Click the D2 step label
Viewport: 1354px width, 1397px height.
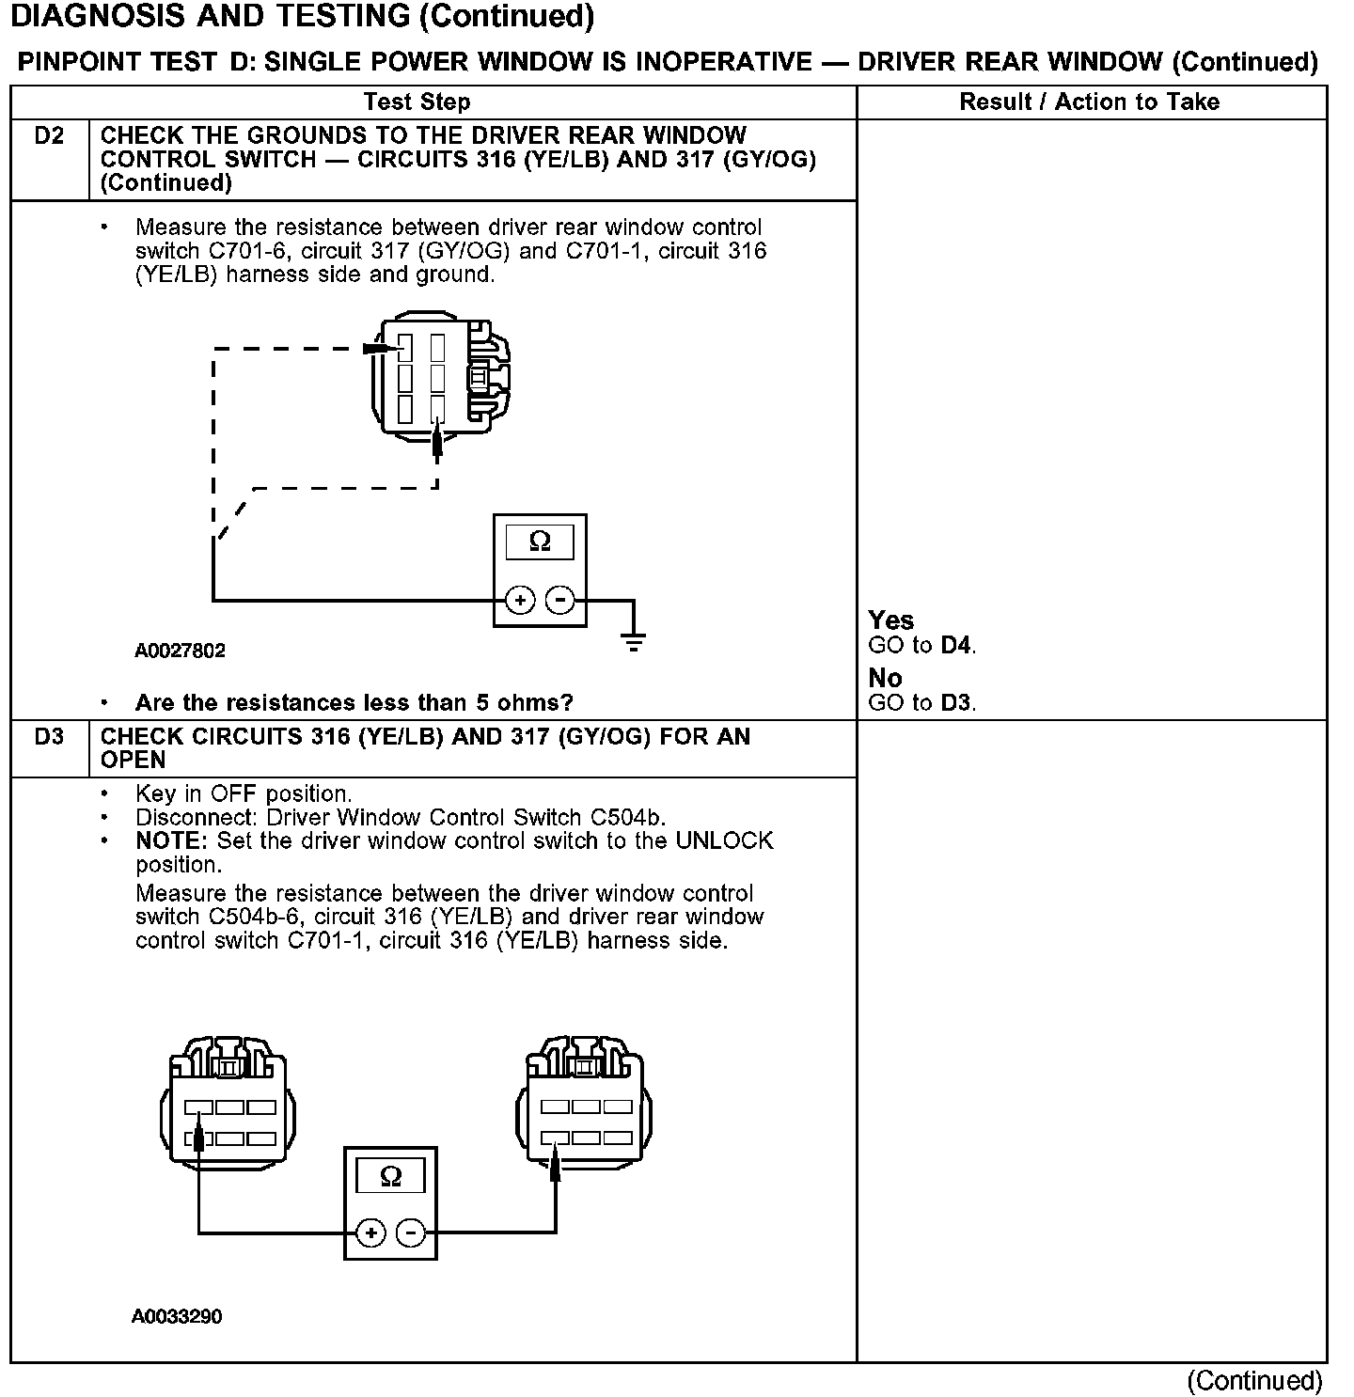[x=49, y=136]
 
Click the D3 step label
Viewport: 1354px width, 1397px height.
[x=49, y=737]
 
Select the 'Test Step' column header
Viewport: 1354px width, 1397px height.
[x=417, y=102]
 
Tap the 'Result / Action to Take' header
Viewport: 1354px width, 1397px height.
[x=1089, y=102]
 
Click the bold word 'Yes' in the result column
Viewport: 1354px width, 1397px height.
[x=890, y=620]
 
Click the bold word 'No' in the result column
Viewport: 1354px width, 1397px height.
[x=885, y=678]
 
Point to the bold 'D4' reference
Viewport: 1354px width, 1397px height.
[x=956, y=646]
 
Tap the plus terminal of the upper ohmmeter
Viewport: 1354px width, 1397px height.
[x=520, y=600]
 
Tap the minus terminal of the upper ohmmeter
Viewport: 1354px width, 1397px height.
[x=560, y=600]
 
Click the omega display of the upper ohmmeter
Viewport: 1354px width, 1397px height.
[x=540, y=542]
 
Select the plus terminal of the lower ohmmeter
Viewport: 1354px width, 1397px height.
[x=370, y=1232]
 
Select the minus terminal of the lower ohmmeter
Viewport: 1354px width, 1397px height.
[x=410, y=1232]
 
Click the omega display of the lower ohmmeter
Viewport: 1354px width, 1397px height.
[x=390, y=1175]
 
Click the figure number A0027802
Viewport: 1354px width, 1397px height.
[x=180, y=651]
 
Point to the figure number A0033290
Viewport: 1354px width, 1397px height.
[x=177, y=1317]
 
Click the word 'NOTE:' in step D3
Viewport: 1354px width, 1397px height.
[x=172, y=840]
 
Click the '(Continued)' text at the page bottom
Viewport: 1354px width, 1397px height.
[x=1254, y=1380]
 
